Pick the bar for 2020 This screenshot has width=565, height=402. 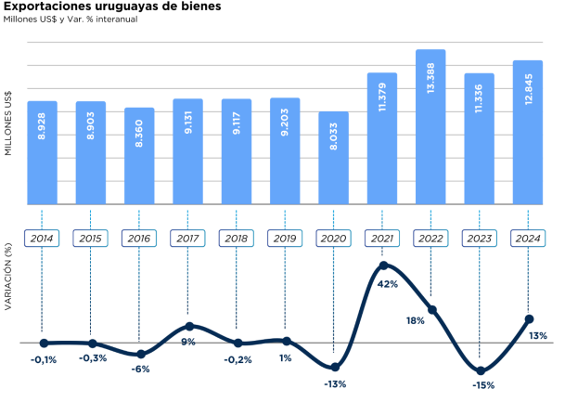[x=333, y=158]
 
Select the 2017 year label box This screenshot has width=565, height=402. [x=187, y=238]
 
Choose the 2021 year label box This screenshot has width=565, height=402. [x=381, y=238]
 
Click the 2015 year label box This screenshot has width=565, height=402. [x=91, y=238]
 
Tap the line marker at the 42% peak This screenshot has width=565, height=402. [x=382, y=266]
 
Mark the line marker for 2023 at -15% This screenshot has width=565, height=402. [x=480, y=370]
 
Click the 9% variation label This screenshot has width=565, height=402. [x=187, y=342]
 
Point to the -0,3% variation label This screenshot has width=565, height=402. [x=92, y=357]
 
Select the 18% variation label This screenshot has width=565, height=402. [x=415, y=320]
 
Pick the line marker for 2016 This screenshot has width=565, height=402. [x=140, y=354]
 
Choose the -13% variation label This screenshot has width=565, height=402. [x=334, y=383]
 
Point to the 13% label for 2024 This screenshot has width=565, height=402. [x=538, y=335]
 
